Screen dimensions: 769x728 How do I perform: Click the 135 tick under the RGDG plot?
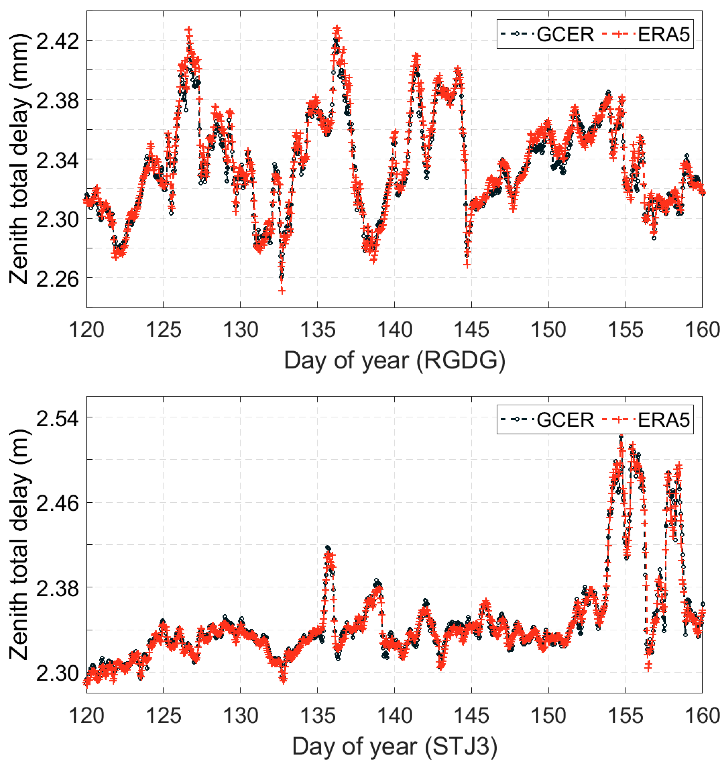tap(317, 330)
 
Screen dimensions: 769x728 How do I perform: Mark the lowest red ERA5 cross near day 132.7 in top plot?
tap(282, 291)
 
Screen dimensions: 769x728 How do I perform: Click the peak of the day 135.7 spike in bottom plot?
tap(328, 547)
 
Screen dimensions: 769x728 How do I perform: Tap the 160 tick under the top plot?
tap(702, 330)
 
